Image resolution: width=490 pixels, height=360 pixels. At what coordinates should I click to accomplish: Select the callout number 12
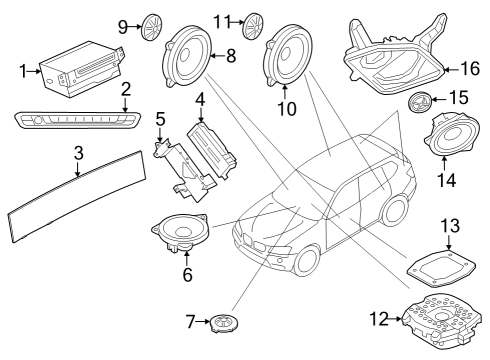click(x=377, y=319)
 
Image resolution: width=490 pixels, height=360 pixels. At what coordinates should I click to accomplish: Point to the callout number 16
click(x=469, y=69)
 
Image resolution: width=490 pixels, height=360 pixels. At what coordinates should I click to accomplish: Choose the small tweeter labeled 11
click(x=253, y=22)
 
